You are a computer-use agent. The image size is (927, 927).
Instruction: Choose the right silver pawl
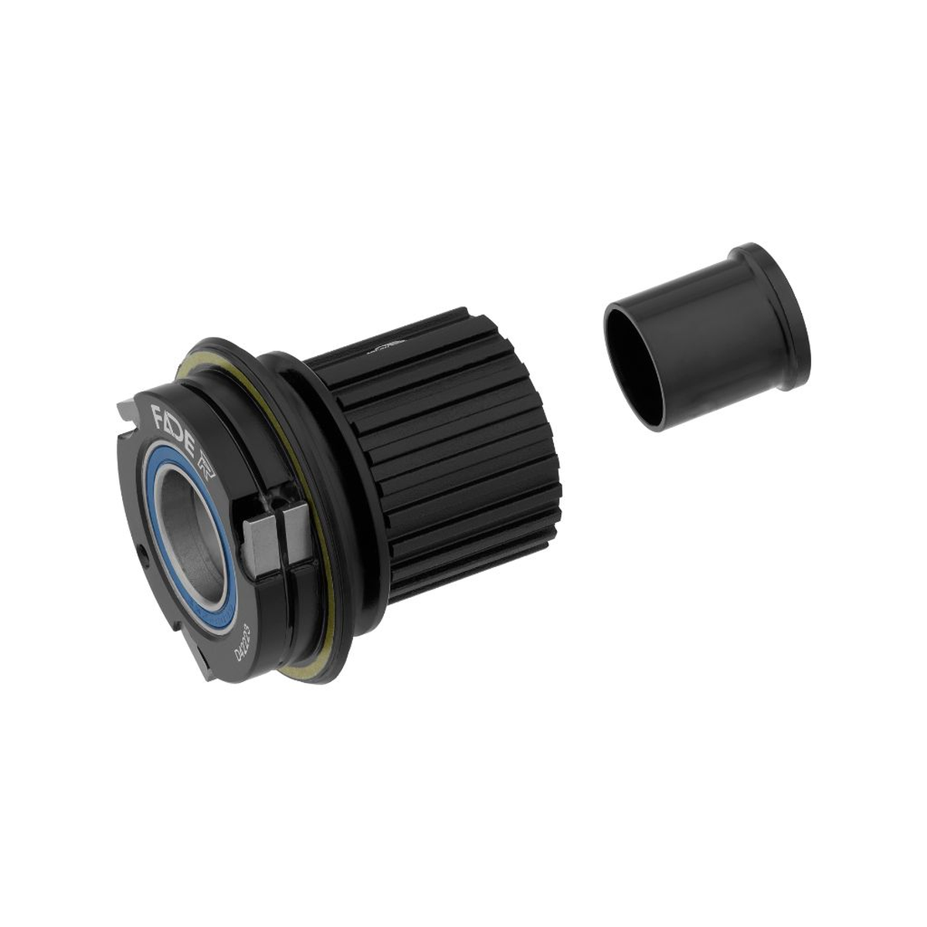pyautogui.click(x=296, y=533)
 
